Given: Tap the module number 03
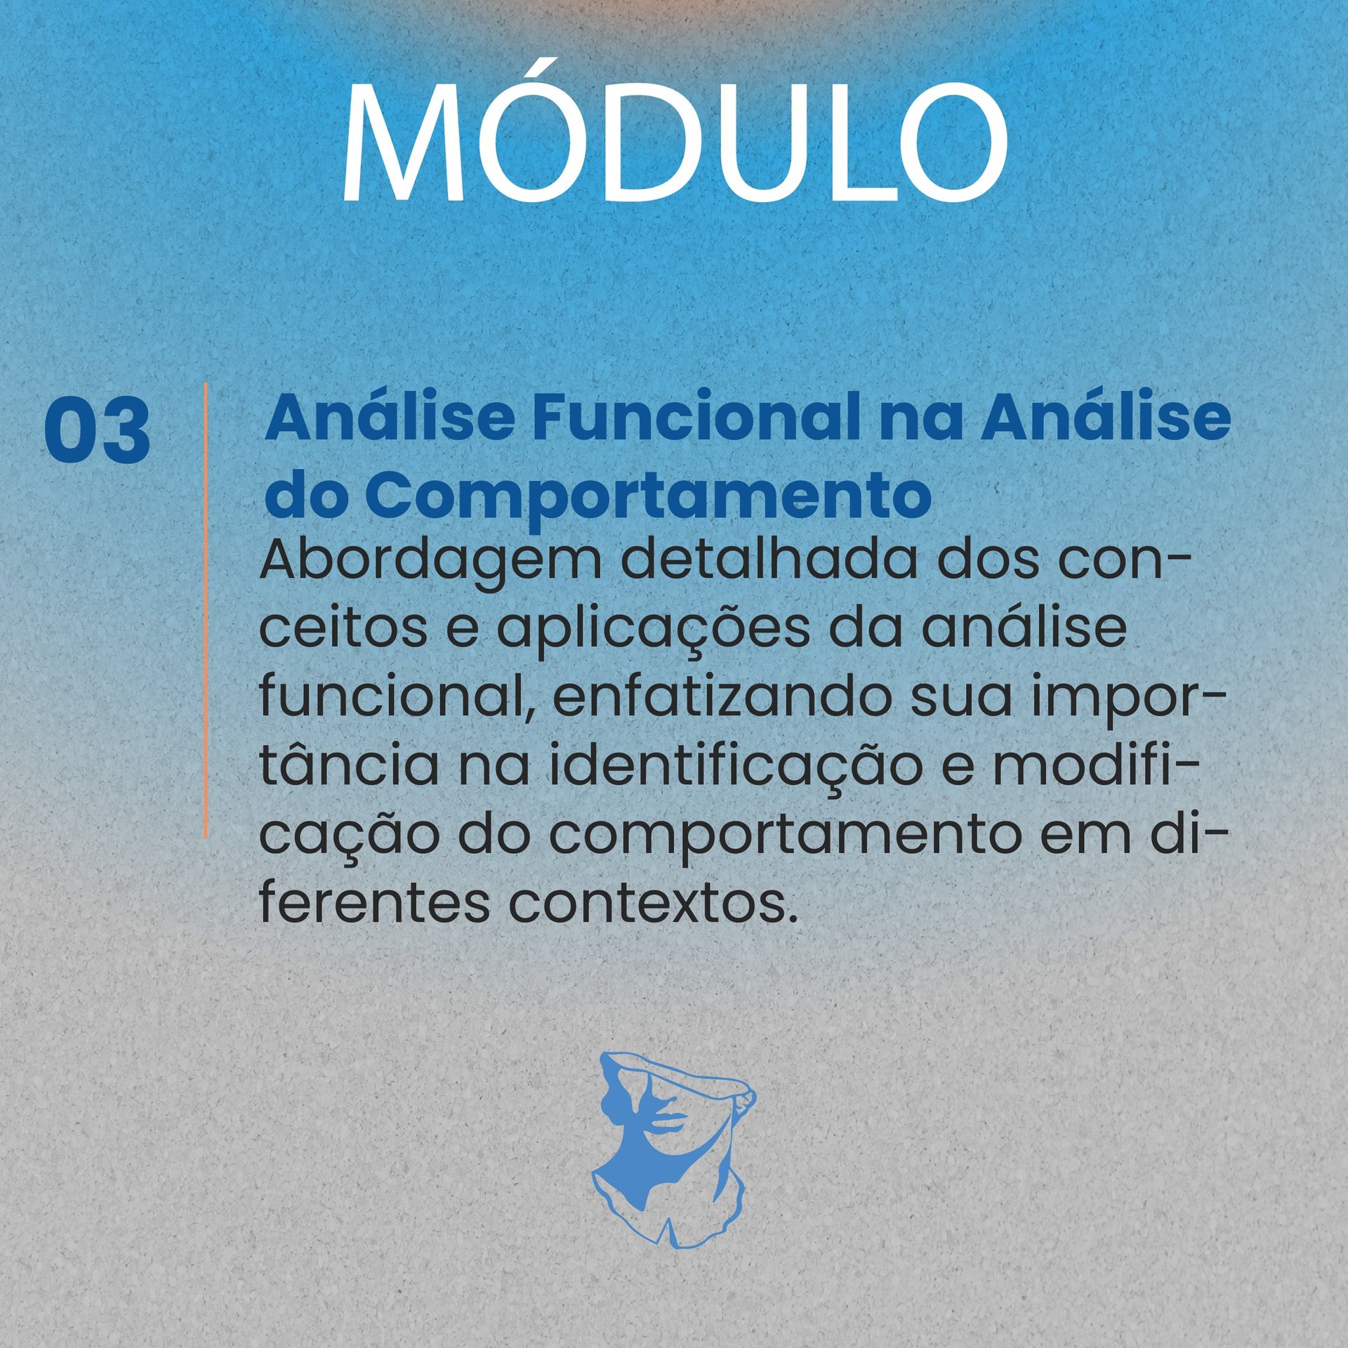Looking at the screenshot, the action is click(x=97, y=430).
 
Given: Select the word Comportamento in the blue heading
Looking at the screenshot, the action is click(x=648, y=496).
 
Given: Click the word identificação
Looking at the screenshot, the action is click(x=735, y=769).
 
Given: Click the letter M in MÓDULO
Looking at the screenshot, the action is click(x=403, y=143).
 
